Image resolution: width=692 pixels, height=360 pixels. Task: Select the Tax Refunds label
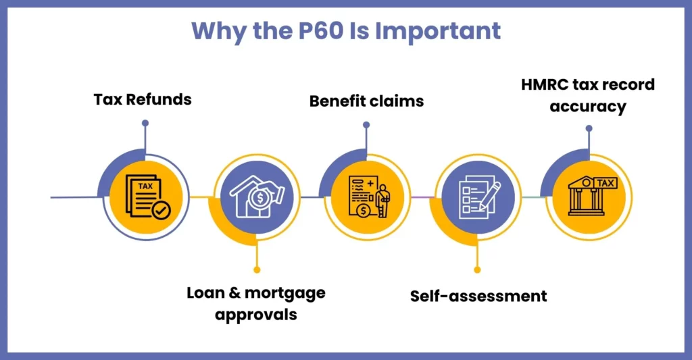coord(143,99)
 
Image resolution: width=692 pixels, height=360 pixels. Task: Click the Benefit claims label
coord(366,101)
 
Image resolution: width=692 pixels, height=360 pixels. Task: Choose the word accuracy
coord(588,107)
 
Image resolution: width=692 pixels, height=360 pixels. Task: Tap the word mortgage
coord(285,293)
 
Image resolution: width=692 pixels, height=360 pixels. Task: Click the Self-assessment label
coord(478,296)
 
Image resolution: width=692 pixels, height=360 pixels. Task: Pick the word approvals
coord(256,315)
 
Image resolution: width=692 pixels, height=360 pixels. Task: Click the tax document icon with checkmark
coord(147,197)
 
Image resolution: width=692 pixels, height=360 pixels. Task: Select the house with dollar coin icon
coord(257,197)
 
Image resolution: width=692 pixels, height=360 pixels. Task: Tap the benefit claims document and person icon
coord(369,197)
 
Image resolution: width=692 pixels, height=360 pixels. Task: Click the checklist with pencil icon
coord(479,197)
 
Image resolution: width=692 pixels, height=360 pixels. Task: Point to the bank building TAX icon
coord(592,196)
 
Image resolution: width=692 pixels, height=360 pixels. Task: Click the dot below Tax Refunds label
coord(145,123)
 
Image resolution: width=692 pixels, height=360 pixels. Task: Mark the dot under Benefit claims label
coord(366,125)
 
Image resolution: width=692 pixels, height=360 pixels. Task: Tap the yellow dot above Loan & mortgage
coord(257,269)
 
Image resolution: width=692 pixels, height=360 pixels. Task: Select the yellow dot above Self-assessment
coord(477,269)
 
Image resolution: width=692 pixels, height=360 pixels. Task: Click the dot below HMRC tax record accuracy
coord(589,128)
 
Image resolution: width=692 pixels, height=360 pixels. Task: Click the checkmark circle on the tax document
coord(161,211)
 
